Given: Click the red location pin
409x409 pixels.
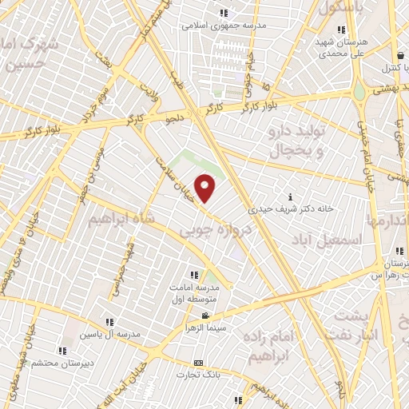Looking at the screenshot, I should [x=205, y=188].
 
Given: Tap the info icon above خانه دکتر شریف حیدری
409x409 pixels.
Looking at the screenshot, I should [x=290, y=197].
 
